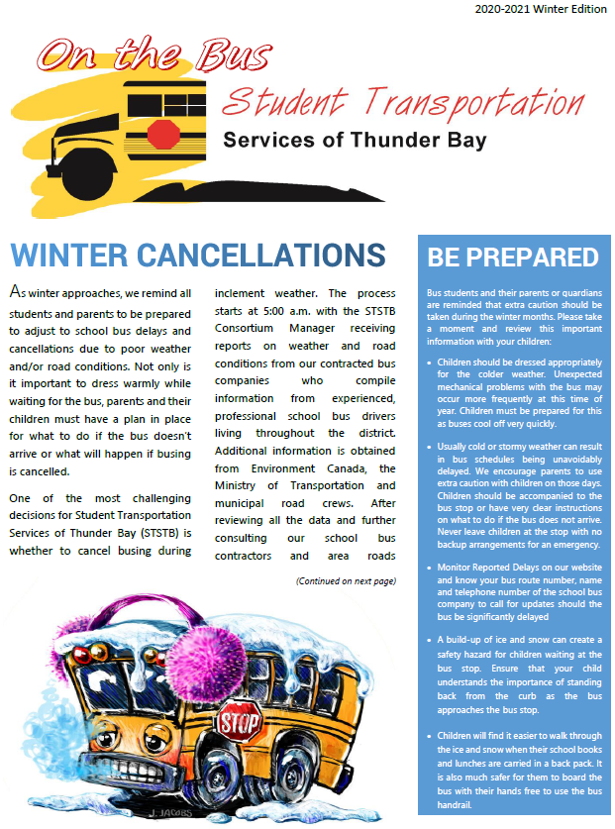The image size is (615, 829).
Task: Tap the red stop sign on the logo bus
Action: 167,133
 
